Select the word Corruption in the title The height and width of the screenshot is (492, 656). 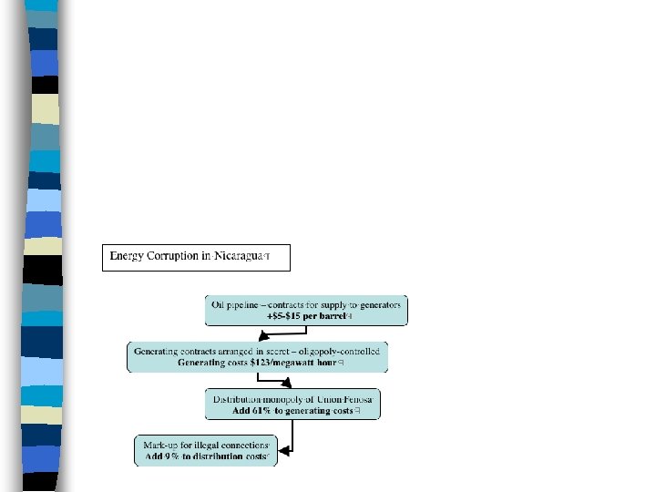tap(179, 256)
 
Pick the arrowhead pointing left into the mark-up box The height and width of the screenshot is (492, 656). tap(285, 449)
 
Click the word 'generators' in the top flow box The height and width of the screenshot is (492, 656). tap(377, 304)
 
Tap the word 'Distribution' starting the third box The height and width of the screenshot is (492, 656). tap(238, 399)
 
